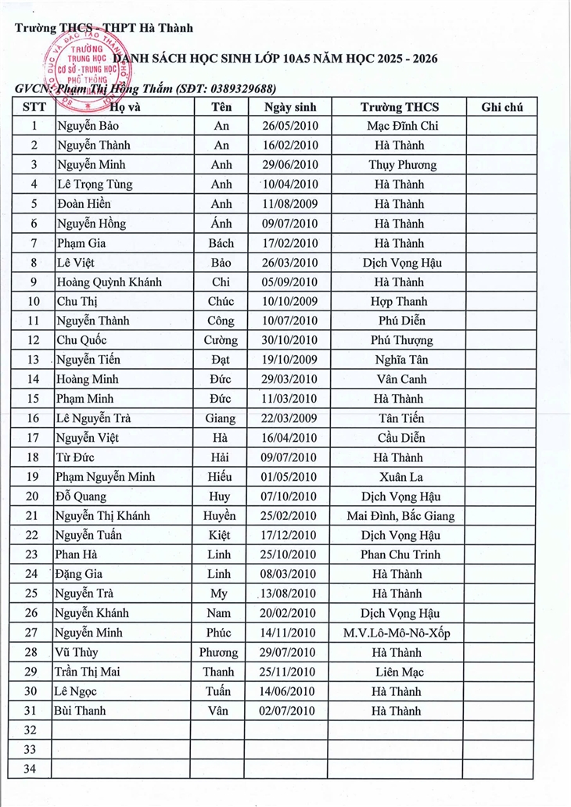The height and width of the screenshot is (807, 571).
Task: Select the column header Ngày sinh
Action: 289,107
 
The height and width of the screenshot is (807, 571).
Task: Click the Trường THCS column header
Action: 399,107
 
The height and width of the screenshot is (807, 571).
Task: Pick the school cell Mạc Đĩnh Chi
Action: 399,126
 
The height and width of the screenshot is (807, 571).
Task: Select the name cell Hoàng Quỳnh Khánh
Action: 109,282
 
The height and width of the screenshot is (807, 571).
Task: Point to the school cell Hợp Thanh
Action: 399,302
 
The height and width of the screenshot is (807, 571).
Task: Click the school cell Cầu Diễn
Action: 399,438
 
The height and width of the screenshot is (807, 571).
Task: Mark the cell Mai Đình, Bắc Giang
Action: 400,516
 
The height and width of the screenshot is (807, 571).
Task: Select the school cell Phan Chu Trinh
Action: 400,555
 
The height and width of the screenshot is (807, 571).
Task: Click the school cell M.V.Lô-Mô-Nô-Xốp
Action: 399,633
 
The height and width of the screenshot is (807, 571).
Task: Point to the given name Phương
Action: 219,653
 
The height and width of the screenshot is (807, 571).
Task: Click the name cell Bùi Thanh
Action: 81,711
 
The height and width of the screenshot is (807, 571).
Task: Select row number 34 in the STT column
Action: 31,769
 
